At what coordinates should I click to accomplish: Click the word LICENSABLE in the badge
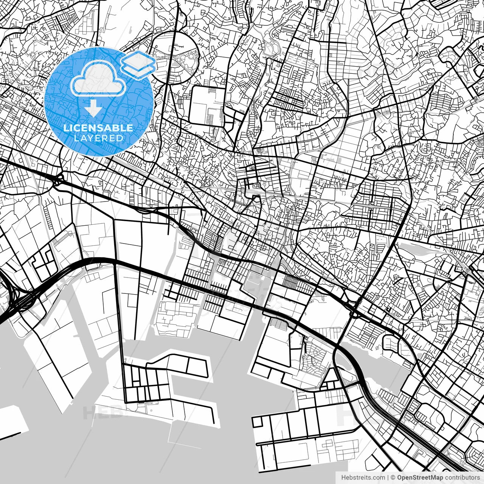(98, 128)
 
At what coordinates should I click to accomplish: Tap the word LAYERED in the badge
(98, 138)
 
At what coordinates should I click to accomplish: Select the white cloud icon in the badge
(98, 78)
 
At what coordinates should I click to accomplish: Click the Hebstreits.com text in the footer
(361, 478)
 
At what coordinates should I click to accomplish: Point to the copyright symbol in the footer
(393, 478)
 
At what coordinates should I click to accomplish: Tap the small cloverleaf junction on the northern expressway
(58, 181)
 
